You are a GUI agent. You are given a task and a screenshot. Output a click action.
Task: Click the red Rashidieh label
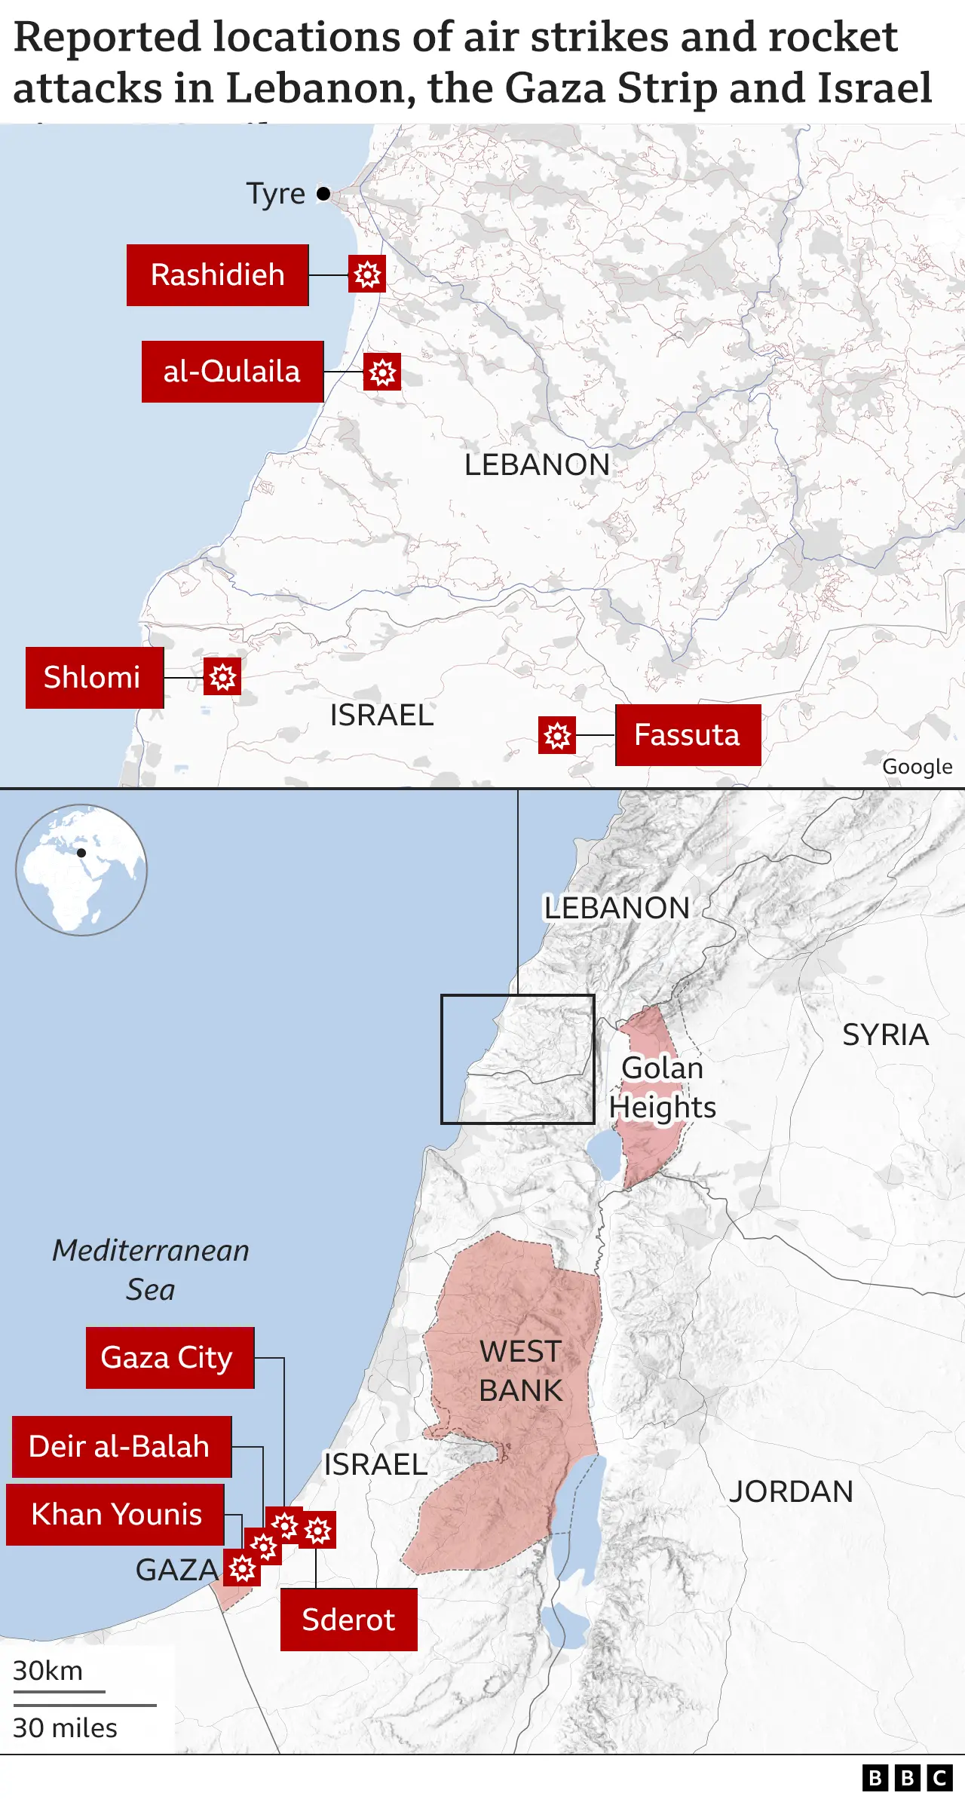(217, 275)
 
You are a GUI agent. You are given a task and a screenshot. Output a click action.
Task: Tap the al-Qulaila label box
(232, 372)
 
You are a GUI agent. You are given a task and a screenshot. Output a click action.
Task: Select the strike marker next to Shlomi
(222, 677)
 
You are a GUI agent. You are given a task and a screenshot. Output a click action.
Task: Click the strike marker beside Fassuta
(557, 735)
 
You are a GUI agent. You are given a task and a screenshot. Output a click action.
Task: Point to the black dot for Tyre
(323, 194)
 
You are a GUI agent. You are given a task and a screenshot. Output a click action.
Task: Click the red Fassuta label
(688, 735)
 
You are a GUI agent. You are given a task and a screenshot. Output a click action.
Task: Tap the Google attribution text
(917, 767)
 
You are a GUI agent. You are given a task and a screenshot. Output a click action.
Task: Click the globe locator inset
(81, 870)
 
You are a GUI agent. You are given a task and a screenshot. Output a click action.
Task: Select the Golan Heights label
(662, 1087)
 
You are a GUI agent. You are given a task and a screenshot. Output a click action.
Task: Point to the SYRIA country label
(885, 1034)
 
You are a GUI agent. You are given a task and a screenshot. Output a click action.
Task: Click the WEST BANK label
(521, 1371)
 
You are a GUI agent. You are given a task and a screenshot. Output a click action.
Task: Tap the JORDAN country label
(791, 1491)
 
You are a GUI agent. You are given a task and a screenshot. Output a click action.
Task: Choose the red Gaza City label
(170, 1358)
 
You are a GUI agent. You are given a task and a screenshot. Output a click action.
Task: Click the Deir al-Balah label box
(121, 1447)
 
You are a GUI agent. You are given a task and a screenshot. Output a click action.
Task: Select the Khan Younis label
(115, 1515)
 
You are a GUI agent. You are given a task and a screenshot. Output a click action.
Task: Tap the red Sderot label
(348, 1620)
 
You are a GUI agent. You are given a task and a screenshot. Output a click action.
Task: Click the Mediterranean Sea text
(151, 1270)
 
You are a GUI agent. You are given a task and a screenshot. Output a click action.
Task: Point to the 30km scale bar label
(48, 1671)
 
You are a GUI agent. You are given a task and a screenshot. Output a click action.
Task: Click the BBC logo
(907, 1778)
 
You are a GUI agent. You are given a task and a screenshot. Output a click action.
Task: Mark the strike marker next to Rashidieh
(367, 274)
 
